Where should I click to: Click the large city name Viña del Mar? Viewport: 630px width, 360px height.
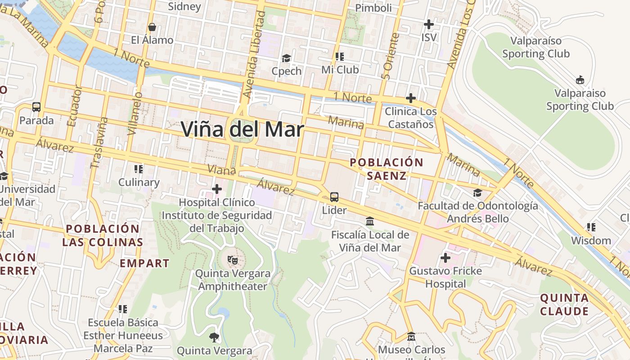pos(243,129)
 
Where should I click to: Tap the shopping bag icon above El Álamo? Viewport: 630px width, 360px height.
pos(152,27)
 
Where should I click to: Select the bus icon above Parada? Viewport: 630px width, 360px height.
pos(36,107)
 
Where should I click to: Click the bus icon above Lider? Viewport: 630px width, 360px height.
pos(334,197)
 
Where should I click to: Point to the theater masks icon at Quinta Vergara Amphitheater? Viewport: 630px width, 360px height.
pos(233,260)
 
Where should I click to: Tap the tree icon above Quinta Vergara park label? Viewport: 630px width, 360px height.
pos(214,337)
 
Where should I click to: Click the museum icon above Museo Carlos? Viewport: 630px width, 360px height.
pos(411,336)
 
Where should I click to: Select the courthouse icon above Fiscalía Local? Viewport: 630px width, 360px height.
pos(370,221)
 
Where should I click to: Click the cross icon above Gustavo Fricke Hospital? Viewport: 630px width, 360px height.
pos(445,258)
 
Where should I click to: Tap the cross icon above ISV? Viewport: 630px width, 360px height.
pos(429,24)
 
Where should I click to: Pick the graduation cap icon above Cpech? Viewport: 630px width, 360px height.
pos(286,58)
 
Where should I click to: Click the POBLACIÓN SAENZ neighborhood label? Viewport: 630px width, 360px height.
pos(387,169)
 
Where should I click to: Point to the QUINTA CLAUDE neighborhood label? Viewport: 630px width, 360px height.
pos(564,304)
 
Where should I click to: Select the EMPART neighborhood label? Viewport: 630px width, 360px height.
pos(144,263)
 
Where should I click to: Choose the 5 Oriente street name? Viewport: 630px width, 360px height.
pos(390,56)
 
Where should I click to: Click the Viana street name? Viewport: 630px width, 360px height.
pos(221,170)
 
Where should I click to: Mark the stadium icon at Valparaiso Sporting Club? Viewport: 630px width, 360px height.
pos(580,80)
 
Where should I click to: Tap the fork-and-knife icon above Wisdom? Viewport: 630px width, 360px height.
pos(591,227)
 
